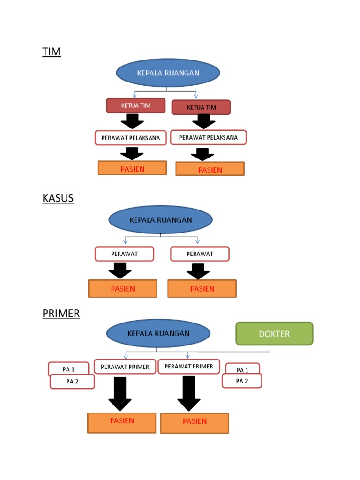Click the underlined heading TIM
point(52,52)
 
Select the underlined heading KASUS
point(58,198)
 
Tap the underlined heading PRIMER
point(61,313)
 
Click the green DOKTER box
point(274,334)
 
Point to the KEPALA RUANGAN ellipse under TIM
point(168,73)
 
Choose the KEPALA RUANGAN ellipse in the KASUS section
point(160,220)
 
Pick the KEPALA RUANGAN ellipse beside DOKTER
point(158,334)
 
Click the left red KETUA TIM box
point(136,105)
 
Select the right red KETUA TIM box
point(201,107)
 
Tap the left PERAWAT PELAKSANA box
point(131,138)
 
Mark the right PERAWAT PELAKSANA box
point(208,137)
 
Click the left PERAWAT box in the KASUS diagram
point(124,254)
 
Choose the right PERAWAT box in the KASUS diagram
point(200,254)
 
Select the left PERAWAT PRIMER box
point(125,367)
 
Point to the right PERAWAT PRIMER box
point(189,366)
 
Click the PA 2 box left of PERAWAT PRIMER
point(72,382)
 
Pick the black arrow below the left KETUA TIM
point(132,121)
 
